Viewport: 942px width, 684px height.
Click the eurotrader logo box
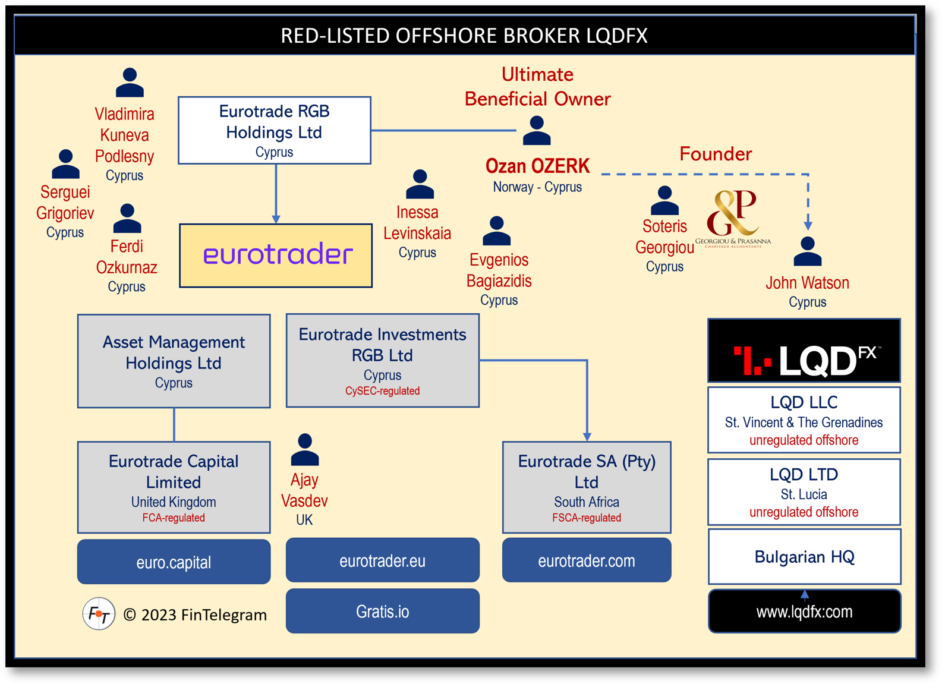click(x=276, y=256)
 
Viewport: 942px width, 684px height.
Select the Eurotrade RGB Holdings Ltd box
click(x=275, y=130)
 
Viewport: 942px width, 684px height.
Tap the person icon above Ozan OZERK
click(x=537, y=131)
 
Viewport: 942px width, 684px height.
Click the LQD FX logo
click(x=804, y=351)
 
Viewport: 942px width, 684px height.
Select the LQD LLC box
click(x=804, y=420)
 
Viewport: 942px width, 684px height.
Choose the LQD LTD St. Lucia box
click(x=804, y=492)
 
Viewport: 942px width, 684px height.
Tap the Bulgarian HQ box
click(x=804, y=557)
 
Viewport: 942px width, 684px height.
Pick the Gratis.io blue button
click(x=382, y=611)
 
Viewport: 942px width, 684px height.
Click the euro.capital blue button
click(x=174, y=562)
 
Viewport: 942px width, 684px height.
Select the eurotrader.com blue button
click(x=586, y=560)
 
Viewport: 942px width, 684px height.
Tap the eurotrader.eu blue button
click(x=382, y=560)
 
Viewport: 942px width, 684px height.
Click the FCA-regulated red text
click(x=174, y=518)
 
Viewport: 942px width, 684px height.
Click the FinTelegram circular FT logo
click(x=99, y=613)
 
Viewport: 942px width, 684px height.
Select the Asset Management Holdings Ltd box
click(x=174, y=361)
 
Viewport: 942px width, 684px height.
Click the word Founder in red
click(x=715, y=154)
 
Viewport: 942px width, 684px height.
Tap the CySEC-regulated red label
click(x=382, y=391)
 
